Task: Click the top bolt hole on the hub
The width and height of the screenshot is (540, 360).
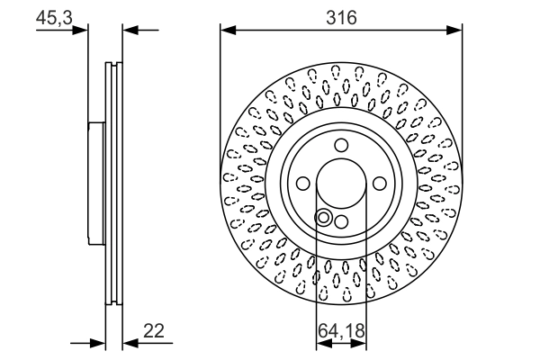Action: (340, 145)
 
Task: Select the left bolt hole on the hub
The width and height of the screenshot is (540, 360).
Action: (303, 184)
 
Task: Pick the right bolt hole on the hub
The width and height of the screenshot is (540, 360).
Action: (378, 183)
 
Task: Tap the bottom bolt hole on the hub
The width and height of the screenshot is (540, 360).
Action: (340, 221)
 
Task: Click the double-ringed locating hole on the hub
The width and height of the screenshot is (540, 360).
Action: (324, 216)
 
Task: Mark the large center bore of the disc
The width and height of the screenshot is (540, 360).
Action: (340, 183)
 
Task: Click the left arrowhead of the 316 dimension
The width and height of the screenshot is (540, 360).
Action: (228, 31)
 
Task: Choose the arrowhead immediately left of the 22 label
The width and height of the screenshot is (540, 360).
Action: (130, 343)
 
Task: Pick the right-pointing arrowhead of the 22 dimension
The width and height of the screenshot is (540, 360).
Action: (99, 343)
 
